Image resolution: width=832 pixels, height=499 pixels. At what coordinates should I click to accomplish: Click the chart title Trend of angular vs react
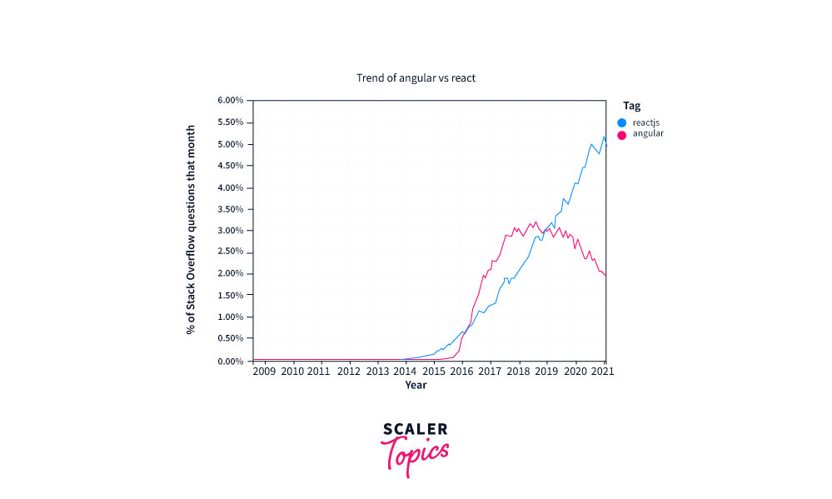[416, 77]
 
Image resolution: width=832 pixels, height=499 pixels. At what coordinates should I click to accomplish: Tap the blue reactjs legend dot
[621, 122]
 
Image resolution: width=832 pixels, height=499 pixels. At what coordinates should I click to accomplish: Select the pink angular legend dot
[621, 134]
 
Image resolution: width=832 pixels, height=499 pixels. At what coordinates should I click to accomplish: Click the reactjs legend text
[647, 122]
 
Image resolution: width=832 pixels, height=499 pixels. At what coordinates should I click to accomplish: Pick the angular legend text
[648, 134]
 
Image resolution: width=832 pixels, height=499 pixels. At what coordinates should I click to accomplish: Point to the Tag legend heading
[631, 106]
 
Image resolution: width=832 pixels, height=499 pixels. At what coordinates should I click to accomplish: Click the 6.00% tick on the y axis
[230, 100]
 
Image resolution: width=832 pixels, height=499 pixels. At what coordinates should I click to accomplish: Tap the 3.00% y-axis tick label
[230, 231]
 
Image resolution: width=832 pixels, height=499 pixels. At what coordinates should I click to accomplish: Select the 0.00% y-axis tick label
[230, 361]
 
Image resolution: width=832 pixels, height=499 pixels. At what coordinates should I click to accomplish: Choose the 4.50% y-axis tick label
[230, 166]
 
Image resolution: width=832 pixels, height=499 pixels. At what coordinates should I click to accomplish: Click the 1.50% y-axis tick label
[230, 296]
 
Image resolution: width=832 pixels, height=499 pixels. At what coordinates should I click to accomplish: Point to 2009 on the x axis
[264, 372]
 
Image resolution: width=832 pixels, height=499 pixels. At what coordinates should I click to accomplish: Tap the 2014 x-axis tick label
[405, 372]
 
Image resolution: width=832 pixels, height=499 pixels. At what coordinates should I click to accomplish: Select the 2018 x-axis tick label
[518, 372]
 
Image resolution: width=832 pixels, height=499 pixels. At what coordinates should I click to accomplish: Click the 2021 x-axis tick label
[602, 372]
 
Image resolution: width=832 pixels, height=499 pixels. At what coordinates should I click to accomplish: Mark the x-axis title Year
[416, 385]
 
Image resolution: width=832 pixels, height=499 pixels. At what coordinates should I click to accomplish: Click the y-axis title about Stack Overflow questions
[191, 231]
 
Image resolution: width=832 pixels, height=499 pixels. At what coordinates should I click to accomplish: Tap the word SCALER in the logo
[415, 430]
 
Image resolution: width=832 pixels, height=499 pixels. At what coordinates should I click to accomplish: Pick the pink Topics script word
[415, 454]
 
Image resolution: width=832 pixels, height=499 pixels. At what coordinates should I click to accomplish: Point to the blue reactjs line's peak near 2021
[604, 137]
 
